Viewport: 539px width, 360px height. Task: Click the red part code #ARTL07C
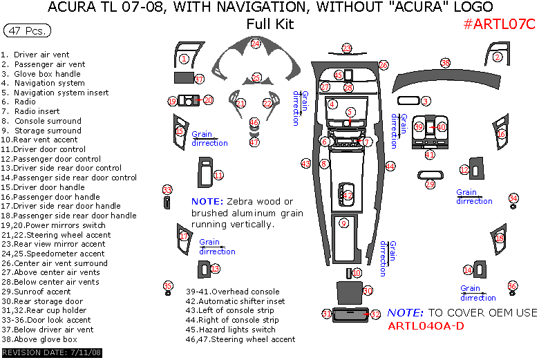tap(499, 24)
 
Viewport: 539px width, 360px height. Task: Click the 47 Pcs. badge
tap(26, 31)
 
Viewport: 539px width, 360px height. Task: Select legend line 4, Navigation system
tap(48, 83)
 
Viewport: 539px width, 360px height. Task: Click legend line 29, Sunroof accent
tap(46, 292)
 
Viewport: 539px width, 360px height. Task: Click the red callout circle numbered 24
tap(256, 44)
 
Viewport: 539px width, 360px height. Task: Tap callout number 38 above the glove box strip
tap(446, 64)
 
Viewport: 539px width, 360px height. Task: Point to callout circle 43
tap(305, 164)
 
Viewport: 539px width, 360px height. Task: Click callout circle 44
tap(390, 167)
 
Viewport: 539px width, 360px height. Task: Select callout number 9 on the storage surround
tap(344, 222)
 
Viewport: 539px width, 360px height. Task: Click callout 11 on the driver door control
tap(218, 175)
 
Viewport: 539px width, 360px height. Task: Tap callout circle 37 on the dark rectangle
tap(199, 79)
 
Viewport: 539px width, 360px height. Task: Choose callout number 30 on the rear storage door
tap(368, 291)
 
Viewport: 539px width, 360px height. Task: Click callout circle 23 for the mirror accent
tap(347, 48)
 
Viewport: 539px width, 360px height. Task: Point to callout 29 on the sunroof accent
tap(430, 184)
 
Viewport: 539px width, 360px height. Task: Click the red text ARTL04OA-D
tap(426, 325)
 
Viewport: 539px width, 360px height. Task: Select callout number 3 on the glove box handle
tap(426, 101)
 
